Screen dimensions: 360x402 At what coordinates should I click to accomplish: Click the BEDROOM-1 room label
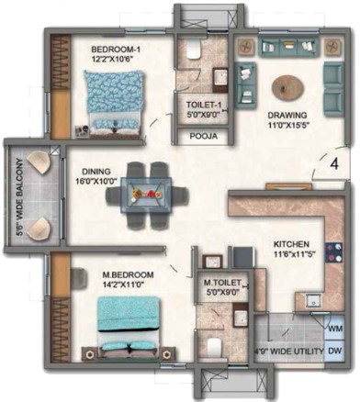112,50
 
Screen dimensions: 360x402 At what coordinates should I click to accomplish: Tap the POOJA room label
204,136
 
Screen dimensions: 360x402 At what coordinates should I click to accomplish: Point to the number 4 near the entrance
335,164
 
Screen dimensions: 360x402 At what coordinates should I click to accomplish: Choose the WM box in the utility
335,329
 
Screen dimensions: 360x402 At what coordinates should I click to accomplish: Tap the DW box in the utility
335,351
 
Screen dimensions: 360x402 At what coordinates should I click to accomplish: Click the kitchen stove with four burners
334,252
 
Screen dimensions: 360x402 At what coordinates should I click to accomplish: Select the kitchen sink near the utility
314,300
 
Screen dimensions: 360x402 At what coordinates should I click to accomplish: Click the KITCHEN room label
291,244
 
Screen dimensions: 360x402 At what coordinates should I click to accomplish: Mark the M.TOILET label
222,283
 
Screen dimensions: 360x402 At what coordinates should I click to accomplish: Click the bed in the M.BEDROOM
129,326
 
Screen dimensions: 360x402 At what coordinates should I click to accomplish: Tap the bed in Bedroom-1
114,101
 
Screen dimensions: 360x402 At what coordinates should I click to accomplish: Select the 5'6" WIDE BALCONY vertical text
20,196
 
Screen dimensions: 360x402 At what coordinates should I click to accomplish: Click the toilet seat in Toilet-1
193,50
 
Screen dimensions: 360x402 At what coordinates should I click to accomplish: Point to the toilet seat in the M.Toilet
214,347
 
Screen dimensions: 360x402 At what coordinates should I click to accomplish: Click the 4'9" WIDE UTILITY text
288,351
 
